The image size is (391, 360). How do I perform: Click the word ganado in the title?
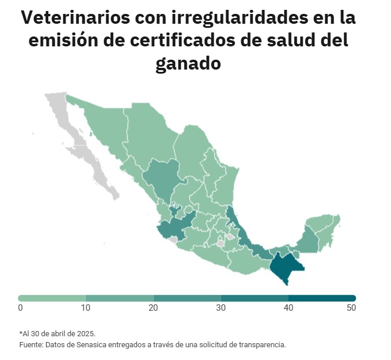point(188,63)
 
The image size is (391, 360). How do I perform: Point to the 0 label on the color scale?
point(20,308)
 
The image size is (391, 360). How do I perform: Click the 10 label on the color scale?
point(85,308)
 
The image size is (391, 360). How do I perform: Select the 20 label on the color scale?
point(153,308)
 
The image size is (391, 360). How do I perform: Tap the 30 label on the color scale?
point(221,308)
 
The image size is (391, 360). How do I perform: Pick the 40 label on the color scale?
point(288,308)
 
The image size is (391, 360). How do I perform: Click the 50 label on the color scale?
point(351,308)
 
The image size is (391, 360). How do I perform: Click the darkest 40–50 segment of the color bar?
point(322,298)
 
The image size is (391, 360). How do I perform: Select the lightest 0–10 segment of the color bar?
point(52,298)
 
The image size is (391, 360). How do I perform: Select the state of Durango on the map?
point(160,177)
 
